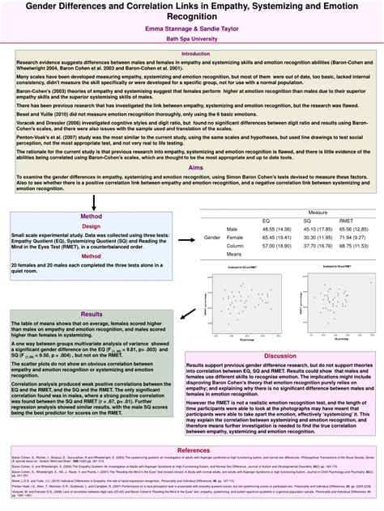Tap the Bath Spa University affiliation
(x=191, y=39)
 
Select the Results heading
(x=92, y=315)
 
